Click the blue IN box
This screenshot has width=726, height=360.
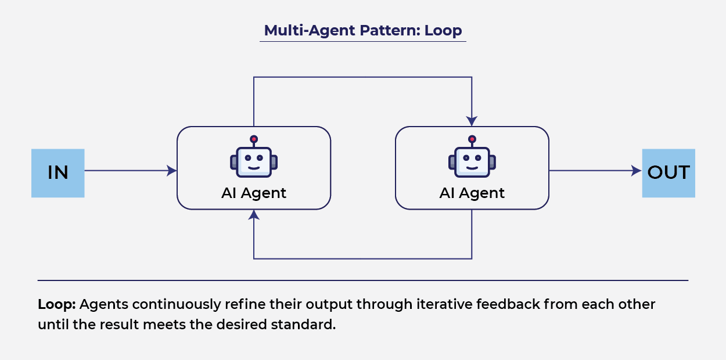point(57,173)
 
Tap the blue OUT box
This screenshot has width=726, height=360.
point(668,173)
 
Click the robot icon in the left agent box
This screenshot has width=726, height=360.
point(254,160)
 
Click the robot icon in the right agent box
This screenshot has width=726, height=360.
point(472,160)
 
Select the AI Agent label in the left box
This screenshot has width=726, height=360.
point(254,193)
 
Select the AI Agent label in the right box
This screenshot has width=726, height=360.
point(472,193)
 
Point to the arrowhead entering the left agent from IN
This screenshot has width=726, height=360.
point(172,171)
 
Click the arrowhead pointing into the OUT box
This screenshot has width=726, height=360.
point(637,171)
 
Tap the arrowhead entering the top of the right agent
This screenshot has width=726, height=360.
point(472,121)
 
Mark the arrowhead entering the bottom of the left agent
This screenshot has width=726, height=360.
point(254,215)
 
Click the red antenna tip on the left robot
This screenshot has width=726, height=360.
point(254,139)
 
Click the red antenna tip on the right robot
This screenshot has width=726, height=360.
point(472,139)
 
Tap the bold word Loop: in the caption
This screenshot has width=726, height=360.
point(57,305)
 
